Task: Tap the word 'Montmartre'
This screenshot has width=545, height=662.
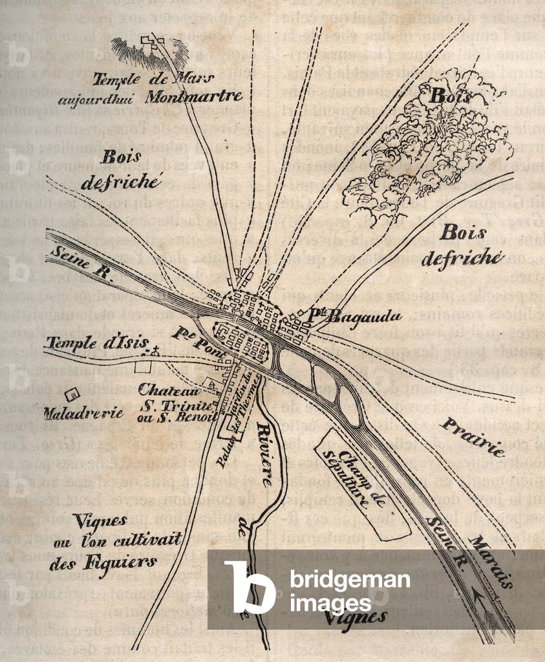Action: pyautogui.click(x=194, y=97)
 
